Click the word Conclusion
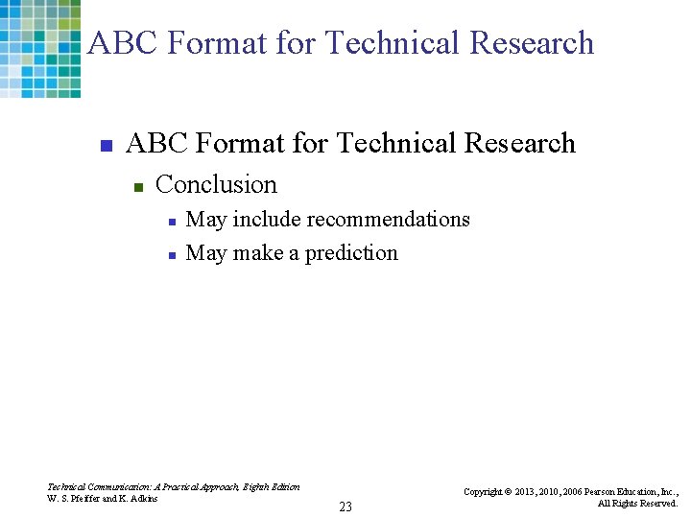pyautogui.click(x=216, y=184)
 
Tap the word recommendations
pyautogui.click(x=388, y=219)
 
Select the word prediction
pyautogui.click(x=351, y=253)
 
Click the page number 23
pyautogui.click(x=345, y=506)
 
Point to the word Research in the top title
pyautogui.click(x=532, y=43)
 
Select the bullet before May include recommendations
pyautogui.click(x=171, y=222)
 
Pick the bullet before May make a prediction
pyautogui.click(x=171, y=255)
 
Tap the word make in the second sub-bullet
pyautogui.click(x=258, y=253)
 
